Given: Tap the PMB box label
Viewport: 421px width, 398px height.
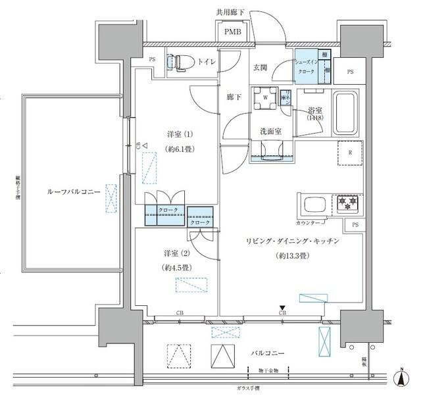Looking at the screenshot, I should click(232, 32).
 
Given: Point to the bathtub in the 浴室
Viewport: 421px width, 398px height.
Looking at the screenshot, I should click(345, 112).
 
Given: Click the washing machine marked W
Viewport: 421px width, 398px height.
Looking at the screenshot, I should click(264, 97).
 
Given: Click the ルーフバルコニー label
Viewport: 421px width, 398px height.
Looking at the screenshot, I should click(73, 191).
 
